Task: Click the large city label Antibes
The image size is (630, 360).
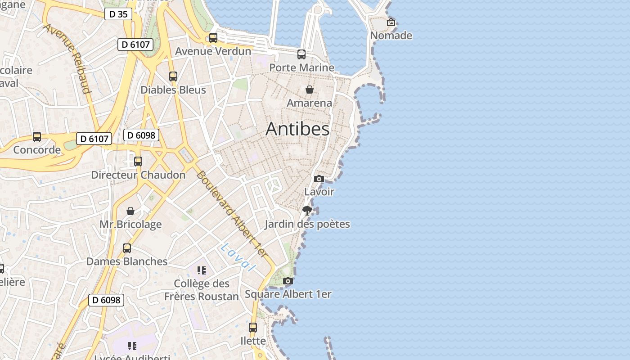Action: click(297, 129)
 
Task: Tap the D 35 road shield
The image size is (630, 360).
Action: click(119, 14)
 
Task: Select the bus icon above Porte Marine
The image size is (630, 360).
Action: click(301, 54)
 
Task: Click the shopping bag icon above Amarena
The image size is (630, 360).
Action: click(310, 90)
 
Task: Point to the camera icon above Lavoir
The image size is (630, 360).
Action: click(319, 179)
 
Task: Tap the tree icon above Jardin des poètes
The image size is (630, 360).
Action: click(307, 210)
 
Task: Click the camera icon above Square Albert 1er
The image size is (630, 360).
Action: click(288, 281)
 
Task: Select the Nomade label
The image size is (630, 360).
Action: click(391, 35)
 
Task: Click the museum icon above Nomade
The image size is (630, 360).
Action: click(391, 22)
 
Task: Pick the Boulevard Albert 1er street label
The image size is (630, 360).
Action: click(232, 214)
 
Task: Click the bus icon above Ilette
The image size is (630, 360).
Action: click(253, 327)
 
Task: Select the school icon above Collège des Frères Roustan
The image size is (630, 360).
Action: click(201, 270)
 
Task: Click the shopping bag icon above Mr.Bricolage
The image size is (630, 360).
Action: click(130, 211)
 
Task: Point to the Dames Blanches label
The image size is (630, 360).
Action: click(127, 261)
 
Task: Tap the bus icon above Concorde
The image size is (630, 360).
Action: click(37, 137)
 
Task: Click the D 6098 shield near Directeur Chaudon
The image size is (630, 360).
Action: click(141, 135)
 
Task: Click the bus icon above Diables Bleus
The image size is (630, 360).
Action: click(173, 76)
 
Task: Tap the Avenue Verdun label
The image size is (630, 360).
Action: click(213, 51)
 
